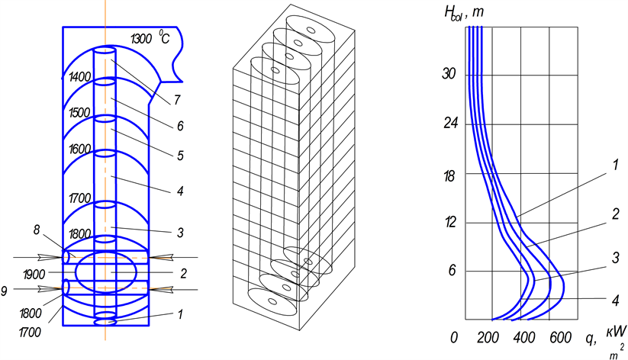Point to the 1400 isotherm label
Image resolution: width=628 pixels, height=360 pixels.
click(80, 77)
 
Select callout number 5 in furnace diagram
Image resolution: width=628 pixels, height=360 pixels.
click(180, 156)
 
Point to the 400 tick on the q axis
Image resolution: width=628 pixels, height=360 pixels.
click(523, 339)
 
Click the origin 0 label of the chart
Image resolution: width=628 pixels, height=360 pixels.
click(456, 339)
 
